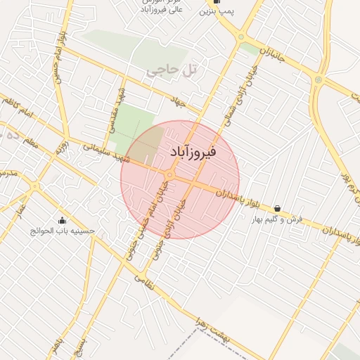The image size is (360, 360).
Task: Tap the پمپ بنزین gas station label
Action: tap(215, 12)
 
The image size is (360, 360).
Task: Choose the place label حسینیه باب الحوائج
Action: tap(62, 231)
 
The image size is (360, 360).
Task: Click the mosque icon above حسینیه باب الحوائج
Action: tap(62, 219)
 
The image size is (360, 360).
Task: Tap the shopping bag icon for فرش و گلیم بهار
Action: tap(278, 208)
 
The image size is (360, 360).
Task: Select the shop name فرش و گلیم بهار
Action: tap(278, 219)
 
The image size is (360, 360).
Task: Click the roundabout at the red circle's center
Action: tap(170, 174)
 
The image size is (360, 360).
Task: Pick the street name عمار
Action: tap(21, 210)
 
